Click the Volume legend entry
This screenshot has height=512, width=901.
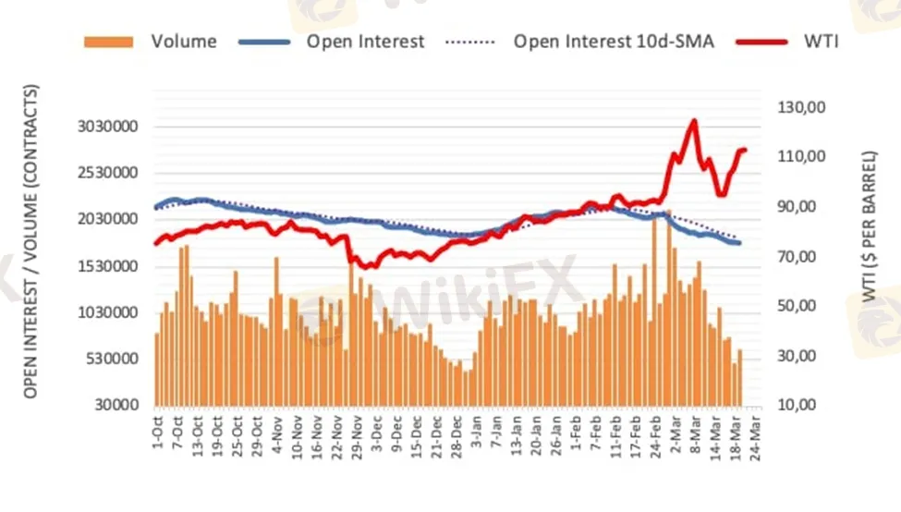184,42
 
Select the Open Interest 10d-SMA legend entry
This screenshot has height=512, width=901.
613,42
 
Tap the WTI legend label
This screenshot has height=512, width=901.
822,42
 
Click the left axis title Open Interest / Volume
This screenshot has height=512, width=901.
31,240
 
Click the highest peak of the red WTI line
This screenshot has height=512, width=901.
693,121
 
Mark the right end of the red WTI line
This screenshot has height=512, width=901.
745,150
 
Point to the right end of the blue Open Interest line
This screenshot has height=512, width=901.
739,242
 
